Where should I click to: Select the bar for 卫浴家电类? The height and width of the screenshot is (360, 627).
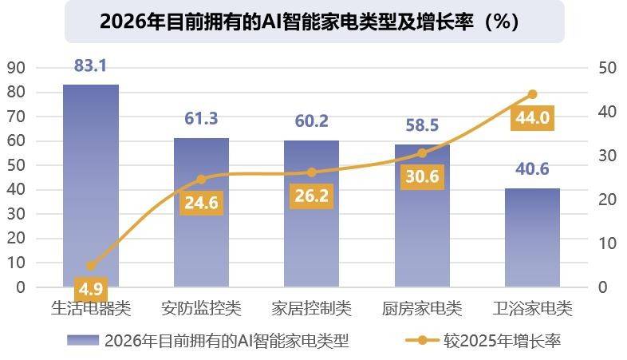tap(532, 238)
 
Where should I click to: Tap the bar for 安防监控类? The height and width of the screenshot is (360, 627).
tap(201, 212)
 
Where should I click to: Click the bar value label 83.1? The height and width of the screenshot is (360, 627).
tap(90, 66)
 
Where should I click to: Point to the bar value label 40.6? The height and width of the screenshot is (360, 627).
tap(532, 170)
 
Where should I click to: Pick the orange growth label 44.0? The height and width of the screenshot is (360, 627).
tap(532, 118)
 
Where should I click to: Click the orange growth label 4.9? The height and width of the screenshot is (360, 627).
tap(90, 288)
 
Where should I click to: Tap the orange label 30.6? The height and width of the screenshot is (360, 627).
tap(422, 177)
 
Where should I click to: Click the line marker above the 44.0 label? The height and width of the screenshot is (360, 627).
tap(533, 94)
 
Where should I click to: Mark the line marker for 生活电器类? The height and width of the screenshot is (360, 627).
tap(90, 266)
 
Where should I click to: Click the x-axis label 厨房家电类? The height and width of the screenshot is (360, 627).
tap(422, 308)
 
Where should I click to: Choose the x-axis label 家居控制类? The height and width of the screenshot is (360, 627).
tap(312, 308)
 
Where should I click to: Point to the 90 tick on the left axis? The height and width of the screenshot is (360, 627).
tap(16, 68)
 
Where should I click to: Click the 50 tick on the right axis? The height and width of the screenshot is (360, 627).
tap(607, 68)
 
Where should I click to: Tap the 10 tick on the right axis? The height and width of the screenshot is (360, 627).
tap(607, 243)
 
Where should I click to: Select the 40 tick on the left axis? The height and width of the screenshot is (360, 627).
tap(16, 190)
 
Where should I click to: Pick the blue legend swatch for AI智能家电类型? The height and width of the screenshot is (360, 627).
tap(83, 341)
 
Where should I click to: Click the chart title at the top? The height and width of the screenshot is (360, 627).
tap(313, 22)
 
